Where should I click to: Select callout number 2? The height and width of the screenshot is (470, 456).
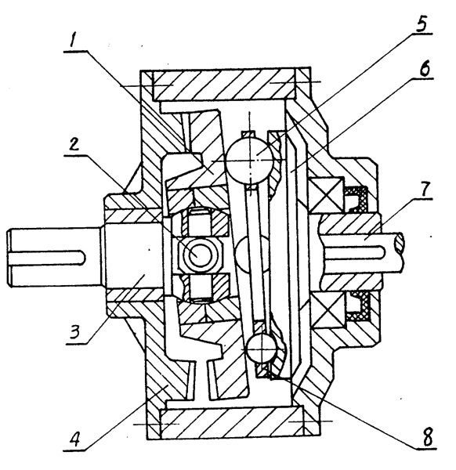click(x=74, y=144)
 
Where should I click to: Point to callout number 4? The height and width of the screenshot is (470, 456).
click(x=75, y=439)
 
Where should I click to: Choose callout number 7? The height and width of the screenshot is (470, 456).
click(x=425, y=189)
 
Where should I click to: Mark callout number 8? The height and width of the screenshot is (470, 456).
click(x=427, y=436)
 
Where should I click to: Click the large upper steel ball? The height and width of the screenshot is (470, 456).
click(x=250, y=161)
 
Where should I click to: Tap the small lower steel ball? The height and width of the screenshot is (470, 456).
click(x=262, y=349)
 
